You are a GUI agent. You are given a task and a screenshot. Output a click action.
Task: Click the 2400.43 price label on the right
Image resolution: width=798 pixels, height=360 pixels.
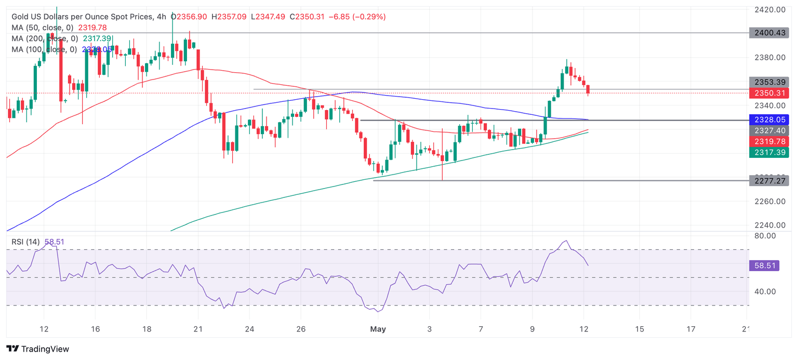coord(769,33)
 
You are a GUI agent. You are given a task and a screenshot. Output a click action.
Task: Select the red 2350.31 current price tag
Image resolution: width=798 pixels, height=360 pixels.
coord(769,93)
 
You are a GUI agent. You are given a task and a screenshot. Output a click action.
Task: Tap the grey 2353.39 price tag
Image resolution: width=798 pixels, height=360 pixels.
coord(769,82)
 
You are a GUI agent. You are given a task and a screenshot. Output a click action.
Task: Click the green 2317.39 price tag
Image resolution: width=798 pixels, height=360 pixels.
coord(769,152)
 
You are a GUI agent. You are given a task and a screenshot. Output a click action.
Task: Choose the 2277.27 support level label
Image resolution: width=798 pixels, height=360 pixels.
coord(769,180)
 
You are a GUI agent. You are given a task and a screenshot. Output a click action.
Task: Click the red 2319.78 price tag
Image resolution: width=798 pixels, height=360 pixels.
coord(769,141)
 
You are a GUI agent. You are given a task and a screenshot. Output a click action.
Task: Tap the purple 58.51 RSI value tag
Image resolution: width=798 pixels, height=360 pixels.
coord(769,265)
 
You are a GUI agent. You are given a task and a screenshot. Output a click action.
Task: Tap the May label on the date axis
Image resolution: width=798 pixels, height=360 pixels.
coord(378,329)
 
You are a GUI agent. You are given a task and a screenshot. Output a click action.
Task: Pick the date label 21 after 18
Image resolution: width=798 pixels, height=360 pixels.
coord(198,329)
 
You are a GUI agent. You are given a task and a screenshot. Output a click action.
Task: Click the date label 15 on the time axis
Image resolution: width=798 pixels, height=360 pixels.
coord(640,329)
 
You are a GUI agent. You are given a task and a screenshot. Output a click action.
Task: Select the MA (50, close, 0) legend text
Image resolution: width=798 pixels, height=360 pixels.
coord(43,28)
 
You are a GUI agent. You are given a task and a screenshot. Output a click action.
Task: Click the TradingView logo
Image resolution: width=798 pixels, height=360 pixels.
coord(38,349)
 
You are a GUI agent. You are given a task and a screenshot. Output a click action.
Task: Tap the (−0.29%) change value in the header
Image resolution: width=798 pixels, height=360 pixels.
coord(369,17)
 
